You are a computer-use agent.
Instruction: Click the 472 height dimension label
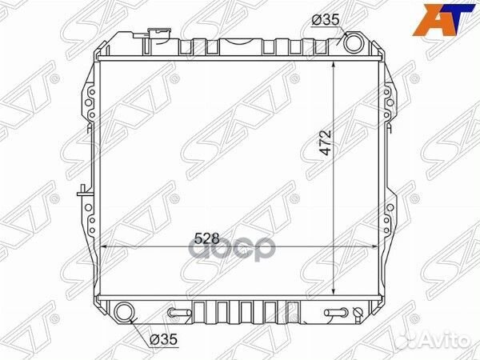(324, 146)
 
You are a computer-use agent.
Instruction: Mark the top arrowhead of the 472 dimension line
(334, 62)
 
